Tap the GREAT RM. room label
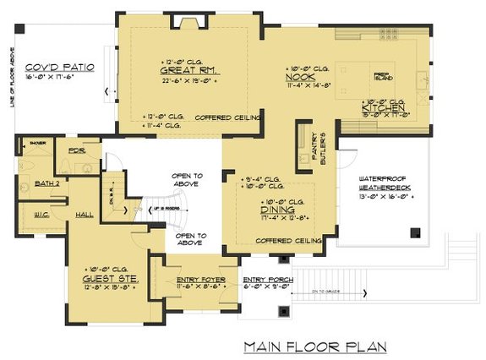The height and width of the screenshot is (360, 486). click(189, 71)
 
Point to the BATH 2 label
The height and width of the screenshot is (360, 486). click(46, 183)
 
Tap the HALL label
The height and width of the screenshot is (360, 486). click(84, 214)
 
